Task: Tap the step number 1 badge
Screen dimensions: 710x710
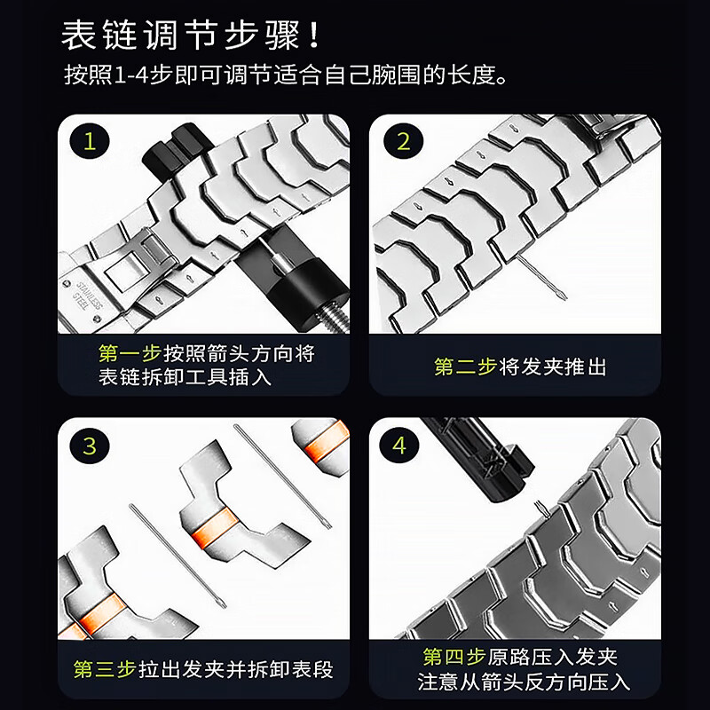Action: click(89, 142)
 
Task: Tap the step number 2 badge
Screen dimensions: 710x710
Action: click(403, 142)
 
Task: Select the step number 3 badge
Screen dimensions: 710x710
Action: click(89, 446)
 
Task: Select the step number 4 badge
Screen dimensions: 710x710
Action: click(399, 446)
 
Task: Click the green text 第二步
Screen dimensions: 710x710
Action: click(464, 367)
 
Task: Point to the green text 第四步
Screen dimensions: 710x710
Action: click(454, 657)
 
